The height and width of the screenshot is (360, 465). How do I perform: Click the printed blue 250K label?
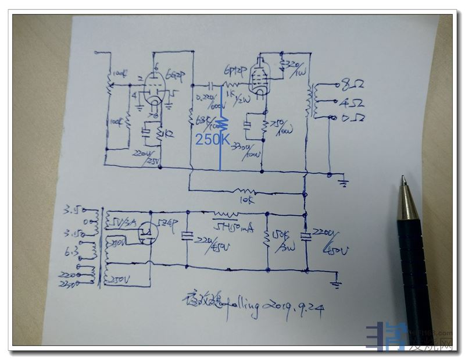213,139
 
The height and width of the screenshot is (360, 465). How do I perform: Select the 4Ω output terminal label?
352,102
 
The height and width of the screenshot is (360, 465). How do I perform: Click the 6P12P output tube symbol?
259,76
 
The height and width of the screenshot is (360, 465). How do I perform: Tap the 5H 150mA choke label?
233,227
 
